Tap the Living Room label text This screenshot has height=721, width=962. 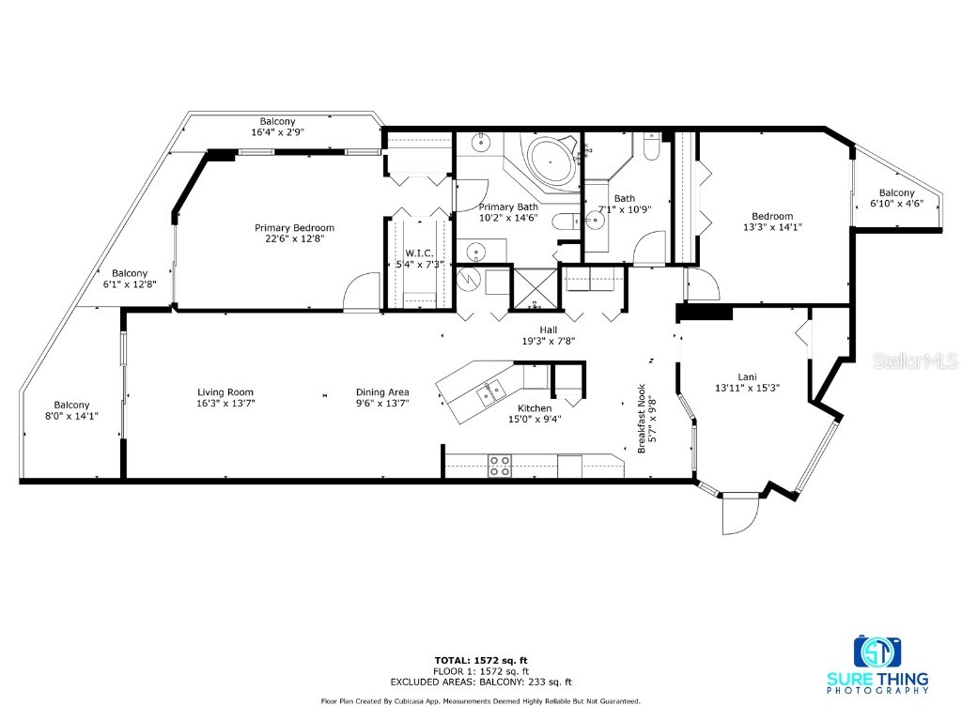tap(225, 392)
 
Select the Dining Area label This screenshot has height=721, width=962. tap(382, 392)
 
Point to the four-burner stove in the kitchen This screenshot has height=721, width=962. tap(499, 466)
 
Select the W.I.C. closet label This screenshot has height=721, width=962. tap(418, 253)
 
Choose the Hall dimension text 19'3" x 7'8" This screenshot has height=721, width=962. tap(549, 342)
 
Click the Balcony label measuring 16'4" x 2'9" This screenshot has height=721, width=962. tap(277, 127)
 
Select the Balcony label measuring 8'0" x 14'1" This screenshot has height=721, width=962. tap(71, 410)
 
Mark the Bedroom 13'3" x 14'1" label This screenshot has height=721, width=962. tap(772, 222)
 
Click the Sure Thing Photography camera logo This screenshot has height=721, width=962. tap(877, 652)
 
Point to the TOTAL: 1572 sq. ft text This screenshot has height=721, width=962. tap(481, 660)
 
